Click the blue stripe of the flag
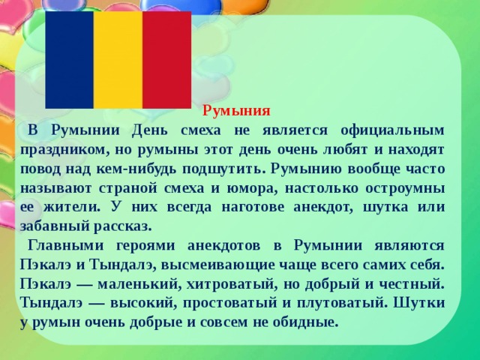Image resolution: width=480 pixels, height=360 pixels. coord(69,60)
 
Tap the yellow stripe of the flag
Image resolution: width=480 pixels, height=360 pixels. coord(118,60)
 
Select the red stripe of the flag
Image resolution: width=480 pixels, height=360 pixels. coord(166,60)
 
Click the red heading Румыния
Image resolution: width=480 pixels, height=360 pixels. coord(236,111)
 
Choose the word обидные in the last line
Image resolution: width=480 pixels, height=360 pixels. coord(304,323)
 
